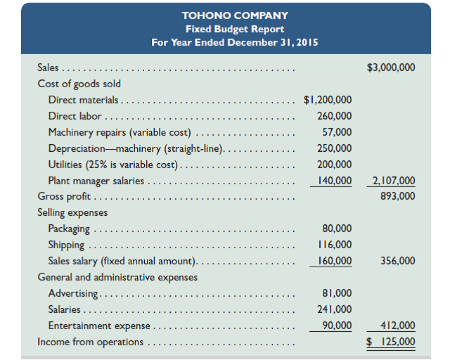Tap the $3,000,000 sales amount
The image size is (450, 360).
coord(390,68)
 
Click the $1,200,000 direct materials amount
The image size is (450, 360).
coord(328,100)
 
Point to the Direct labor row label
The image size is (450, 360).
coord(75,116)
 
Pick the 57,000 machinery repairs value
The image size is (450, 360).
coord(337,132)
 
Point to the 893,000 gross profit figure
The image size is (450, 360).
coord(397,196)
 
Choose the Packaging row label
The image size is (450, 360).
coord(69,229)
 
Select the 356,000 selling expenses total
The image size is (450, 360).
coord(397,261)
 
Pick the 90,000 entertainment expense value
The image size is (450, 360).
coord(337,325)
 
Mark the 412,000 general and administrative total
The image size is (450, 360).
coord(397,325)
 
